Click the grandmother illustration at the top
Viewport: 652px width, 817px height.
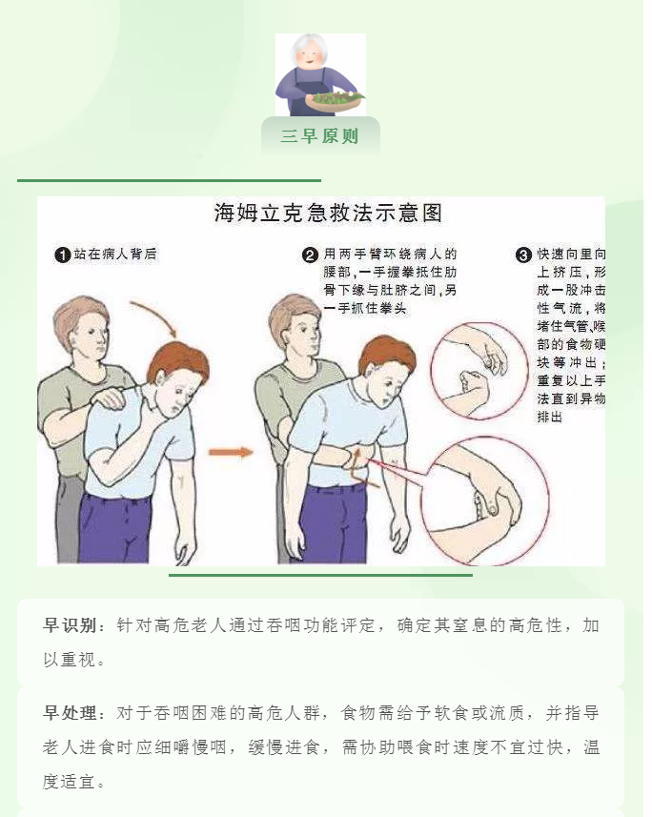320,74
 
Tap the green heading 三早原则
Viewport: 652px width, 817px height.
320,136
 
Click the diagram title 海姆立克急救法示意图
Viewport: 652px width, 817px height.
328,213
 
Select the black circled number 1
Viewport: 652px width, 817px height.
63,255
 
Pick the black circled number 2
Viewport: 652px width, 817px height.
311,255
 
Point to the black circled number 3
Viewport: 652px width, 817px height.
523,255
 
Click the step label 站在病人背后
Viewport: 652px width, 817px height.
115,255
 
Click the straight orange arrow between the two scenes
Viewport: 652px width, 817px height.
231,452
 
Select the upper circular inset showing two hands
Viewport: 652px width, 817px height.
478,371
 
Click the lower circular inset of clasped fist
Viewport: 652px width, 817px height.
485,501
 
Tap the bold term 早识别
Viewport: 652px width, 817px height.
70,625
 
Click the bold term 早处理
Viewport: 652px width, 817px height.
70,713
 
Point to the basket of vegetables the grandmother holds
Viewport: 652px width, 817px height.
334,101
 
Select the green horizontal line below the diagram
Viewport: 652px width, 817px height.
320,575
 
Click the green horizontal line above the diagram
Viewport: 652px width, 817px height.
169,181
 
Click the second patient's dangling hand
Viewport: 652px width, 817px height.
399,537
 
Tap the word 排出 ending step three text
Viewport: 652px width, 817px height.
550,417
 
